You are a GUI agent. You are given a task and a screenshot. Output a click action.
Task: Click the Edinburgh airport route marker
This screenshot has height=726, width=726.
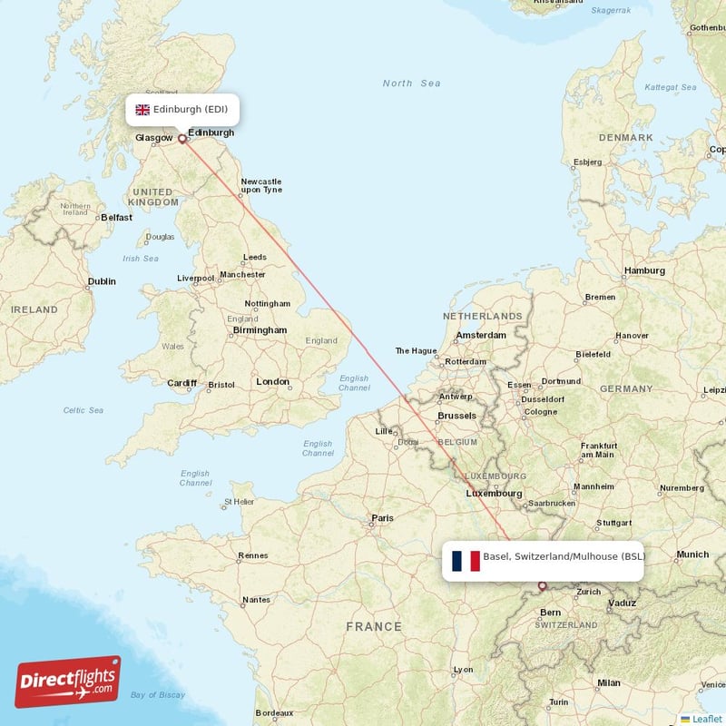(181, 139)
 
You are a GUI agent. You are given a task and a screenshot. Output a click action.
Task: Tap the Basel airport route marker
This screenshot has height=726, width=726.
(543, 586)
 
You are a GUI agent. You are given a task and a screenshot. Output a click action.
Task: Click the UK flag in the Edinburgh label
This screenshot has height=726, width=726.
(142, 110)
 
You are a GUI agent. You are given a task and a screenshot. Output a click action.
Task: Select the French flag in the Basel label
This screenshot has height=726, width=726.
(466, 561)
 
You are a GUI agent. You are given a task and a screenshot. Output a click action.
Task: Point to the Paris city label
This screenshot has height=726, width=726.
(383, 518)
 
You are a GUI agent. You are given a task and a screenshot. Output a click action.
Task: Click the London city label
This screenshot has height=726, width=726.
(272, 382)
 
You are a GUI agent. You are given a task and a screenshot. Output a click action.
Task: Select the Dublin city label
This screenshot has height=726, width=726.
(102, 281)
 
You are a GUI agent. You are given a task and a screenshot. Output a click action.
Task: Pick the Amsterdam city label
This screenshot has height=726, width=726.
(481, 335)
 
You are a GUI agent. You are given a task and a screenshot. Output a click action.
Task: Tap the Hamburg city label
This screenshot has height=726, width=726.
(644, 270)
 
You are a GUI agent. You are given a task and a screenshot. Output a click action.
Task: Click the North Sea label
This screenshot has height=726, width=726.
(411, 83)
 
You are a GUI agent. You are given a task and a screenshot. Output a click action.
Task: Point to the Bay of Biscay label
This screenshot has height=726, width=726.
(157, 695)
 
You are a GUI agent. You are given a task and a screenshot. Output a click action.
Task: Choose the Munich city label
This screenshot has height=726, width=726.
(692, 554)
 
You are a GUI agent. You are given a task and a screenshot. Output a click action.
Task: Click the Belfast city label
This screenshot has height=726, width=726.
(116, 218)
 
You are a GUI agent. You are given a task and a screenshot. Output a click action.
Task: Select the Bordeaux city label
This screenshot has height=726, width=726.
(274, 713)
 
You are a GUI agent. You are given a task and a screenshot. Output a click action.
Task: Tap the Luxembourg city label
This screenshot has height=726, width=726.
(494, 494)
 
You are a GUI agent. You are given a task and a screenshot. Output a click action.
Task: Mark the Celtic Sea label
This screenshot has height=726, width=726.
(83, 410)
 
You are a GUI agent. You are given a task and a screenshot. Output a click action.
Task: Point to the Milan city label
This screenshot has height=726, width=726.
(608, 682)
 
